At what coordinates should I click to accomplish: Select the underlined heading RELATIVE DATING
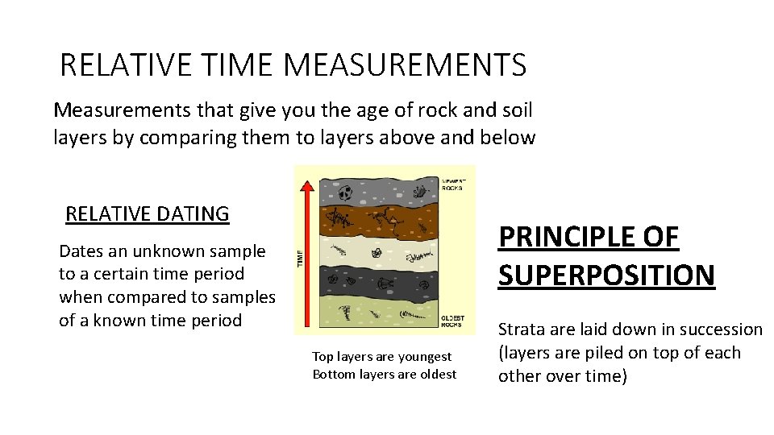pyautogui.click(x=148, y=214)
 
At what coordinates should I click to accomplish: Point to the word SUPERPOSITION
pyautogui.click(x=606, y=275)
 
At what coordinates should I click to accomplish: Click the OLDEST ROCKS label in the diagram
pyautogui.click(x=454, y=321)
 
